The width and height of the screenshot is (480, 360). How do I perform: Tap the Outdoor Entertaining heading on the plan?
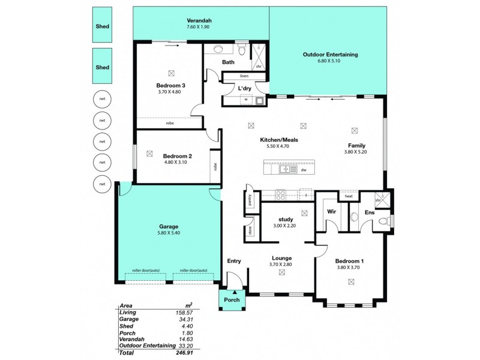click(x=330, y=54)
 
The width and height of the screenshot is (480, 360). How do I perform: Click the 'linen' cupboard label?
click(x=244, y=76)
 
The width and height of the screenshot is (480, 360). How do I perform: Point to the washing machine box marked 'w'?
click(x=245, y=100)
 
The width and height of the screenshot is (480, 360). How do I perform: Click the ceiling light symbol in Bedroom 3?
click(x=172, y=72)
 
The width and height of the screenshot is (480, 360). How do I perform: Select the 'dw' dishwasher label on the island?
click(x=304, y=170)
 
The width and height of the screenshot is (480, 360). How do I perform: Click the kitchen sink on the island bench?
click(x=285, y=170)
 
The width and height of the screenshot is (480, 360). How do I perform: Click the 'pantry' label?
click(x=248, y=200)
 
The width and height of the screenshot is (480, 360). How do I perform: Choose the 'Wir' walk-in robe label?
click(x=331, y=211)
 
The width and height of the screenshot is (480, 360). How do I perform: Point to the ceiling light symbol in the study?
click(x=304, y=212)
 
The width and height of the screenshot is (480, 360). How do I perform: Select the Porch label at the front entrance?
click(x=232, y=300)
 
